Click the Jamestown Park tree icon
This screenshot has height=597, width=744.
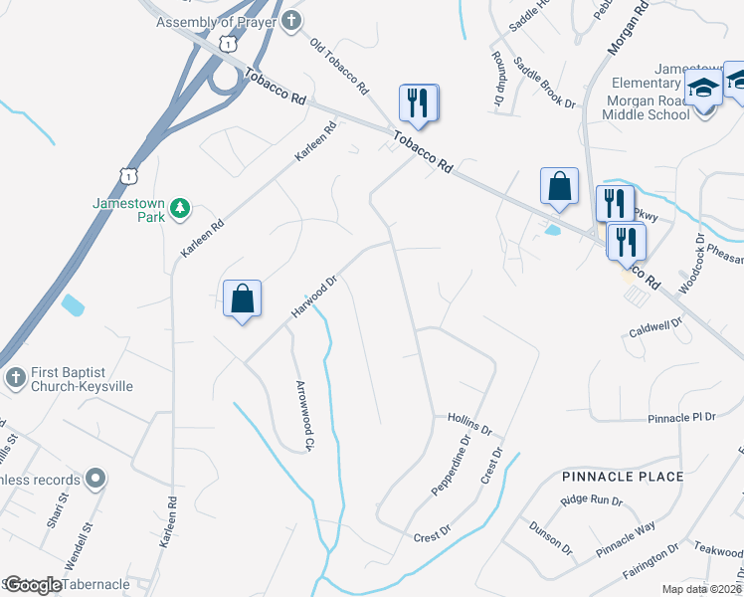coord(180,208)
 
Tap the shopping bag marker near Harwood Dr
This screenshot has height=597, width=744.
coord(243,298)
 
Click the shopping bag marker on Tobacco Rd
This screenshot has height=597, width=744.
coord(559,186)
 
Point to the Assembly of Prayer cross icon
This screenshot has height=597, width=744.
coord(290,22)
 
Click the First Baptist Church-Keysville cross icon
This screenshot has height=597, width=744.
coord(14,378)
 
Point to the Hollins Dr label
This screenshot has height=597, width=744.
coord(470,425)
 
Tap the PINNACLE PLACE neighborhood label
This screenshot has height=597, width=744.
coord(623,477)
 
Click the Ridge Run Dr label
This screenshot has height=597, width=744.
coord(591,501)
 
